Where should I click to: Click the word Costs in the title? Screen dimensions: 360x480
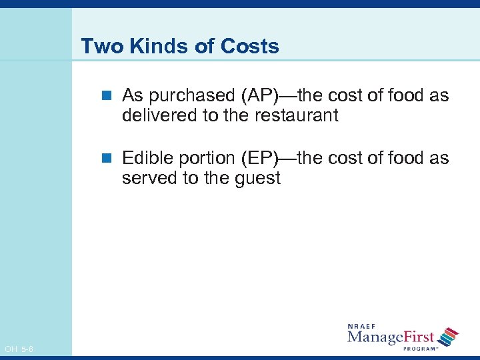(251, 47)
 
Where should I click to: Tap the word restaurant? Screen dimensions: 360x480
(297, 116)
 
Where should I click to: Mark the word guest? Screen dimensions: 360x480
(256, 179)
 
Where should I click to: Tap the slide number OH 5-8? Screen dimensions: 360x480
(19, 349)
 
